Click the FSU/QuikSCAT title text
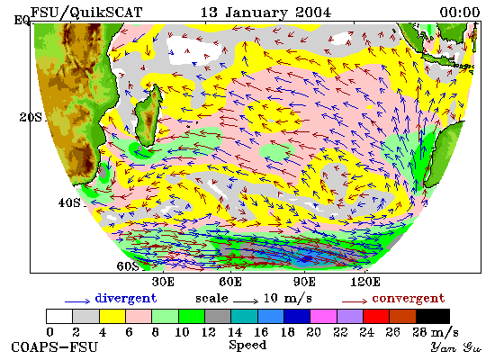pos(86,13)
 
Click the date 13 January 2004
pos(265,13)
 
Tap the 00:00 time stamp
pos(460,13)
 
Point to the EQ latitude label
pos(22,20)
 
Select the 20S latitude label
pos(31,118)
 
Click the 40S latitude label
pos(69,202)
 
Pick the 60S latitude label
pos(128,266)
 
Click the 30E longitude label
pos(163,282)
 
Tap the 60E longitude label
pos(230,282)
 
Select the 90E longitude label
pos(304,282)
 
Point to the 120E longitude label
pos(365,282)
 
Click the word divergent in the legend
pos(126,299)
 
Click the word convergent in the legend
pos(409,299)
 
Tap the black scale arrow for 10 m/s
pos(246,301)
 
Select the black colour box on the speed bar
pos(433,317)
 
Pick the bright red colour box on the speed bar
pos(376,317)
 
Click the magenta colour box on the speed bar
pos(323,317)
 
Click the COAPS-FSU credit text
pos(54,347)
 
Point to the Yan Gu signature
pos(455,347)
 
